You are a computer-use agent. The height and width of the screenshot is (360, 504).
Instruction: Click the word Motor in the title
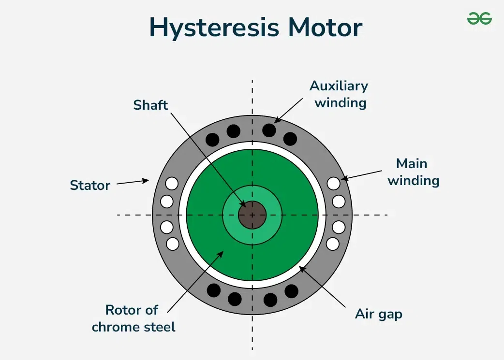pyautogui.click(x=325, y=28)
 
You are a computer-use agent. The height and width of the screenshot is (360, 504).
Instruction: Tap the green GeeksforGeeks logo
pyautogui.click(x=479, y=18)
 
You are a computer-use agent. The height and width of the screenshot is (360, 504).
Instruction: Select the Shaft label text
pyautogui.click(x=150, y=105)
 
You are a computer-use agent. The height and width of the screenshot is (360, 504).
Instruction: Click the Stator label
pyautogui.click(x=90, y=185)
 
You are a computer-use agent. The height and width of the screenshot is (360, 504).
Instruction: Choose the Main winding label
pyautogui.click(x=414, y=172)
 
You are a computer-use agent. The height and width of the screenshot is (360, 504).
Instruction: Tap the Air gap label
pyautogui.click(x=379, y=314)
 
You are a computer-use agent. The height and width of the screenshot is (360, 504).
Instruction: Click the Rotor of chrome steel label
pyautogui.click(x=133, y=318)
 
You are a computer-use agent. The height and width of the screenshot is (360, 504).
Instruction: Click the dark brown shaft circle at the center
pyautogui.click(x=252, y=215)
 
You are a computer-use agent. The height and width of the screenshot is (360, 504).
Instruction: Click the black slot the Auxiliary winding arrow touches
pyautogui.click(x=269, y=130)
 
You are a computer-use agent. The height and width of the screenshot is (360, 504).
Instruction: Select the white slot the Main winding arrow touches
pyautogui.click(x=333, y=184)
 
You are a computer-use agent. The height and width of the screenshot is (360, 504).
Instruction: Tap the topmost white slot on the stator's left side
pyautogui.click(x=172, y=184)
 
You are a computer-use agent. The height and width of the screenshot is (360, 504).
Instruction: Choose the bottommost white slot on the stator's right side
pyautogui.click(x=333, y=244)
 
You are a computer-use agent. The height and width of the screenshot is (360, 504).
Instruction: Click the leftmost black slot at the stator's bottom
pyautogui.click(x=213, y=290)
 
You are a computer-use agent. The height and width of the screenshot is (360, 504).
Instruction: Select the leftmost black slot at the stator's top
pyautogui.click(x=212, y=140)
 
